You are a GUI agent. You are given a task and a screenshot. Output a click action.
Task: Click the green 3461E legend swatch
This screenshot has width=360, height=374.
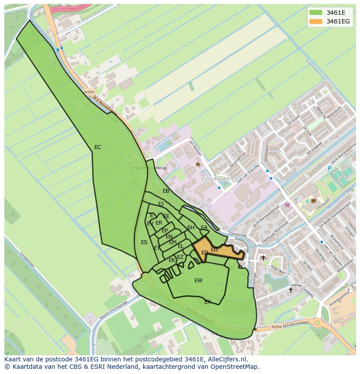pos(317,13)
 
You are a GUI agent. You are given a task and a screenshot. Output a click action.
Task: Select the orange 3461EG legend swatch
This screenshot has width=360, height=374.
pos(317,21)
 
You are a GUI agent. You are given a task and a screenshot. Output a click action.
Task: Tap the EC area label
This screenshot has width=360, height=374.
pos(98,147)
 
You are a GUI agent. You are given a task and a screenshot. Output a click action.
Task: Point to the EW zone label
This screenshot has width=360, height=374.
pos(198,281)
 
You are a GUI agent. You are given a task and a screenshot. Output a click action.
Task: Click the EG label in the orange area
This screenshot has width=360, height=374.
pos(214,250)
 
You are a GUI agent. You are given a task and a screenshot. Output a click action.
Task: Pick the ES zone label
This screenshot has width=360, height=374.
pos(144,242)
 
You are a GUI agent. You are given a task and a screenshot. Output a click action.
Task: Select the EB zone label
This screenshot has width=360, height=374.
pos(166,191)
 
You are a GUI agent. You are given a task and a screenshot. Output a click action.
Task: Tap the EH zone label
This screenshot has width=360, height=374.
pos(191,228)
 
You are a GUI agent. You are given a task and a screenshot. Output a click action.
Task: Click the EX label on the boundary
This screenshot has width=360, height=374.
pos(208,301)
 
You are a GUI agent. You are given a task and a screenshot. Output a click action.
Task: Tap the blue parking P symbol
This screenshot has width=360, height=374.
pos(329,169)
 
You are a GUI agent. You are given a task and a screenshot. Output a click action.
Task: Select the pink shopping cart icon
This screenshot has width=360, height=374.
pos(287,205)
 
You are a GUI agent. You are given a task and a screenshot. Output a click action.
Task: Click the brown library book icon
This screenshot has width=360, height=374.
pos(313,200)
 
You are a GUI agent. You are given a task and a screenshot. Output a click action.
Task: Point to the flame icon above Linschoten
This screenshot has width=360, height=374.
pos(198,165)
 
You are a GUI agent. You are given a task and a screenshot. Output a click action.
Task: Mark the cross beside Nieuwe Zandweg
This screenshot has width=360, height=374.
pos(291,289)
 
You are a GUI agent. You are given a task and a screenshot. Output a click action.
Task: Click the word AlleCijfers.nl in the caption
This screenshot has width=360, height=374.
pos(226,360)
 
